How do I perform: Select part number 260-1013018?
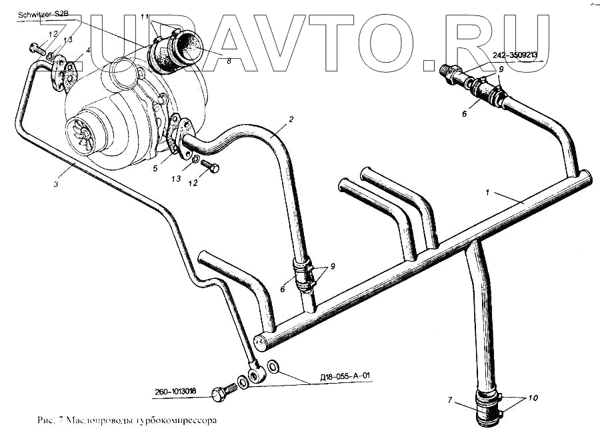(x=173, y=392)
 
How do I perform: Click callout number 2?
(x=291, y=120)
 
